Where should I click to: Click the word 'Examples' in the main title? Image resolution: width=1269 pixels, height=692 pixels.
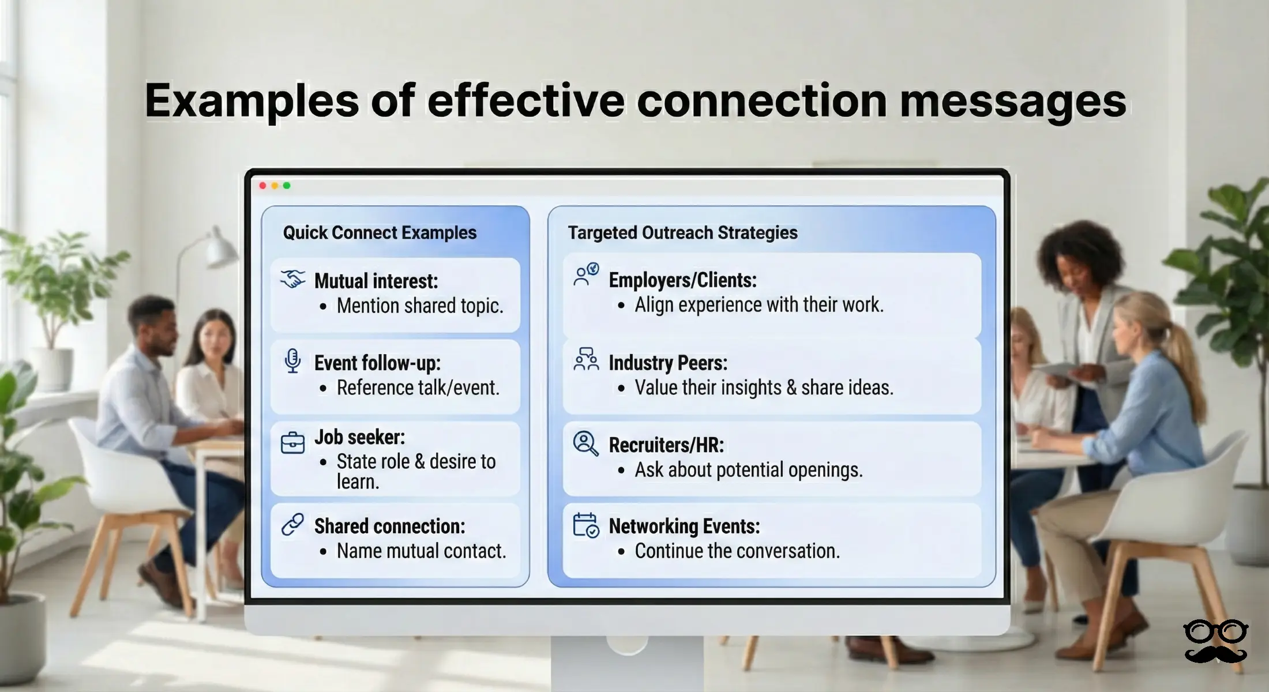(251, 101)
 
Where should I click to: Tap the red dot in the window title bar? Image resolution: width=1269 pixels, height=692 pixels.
(263, 186)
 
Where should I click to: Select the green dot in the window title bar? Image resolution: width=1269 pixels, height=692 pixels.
(287, 186)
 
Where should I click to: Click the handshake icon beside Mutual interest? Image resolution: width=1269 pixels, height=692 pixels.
(293, 280)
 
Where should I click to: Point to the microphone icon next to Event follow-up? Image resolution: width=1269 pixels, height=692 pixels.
(293, 362)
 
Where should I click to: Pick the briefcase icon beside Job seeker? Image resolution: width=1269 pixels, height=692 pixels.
(293, 443)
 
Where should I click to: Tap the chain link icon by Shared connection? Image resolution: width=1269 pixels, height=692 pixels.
(293, 525)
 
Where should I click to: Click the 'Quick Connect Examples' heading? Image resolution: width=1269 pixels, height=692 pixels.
(380, 232)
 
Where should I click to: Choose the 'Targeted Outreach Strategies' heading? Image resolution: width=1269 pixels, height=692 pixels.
(682, 232)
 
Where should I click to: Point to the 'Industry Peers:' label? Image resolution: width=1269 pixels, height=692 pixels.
(668, 363)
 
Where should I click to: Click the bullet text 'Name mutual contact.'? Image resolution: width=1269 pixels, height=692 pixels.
(421, 551)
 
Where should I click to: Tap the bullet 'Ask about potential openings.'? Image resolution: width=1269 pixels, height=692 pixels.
(749, 470)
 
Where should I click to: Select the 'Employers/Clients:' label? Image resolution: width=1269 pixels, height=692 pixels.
(682, 280)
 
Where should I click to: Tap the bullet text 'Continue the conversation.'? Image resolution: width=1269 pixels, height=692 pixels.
(737, 551)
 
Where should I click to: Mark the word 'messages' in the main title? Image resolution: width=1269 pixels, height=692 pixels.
(1013, 101)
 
